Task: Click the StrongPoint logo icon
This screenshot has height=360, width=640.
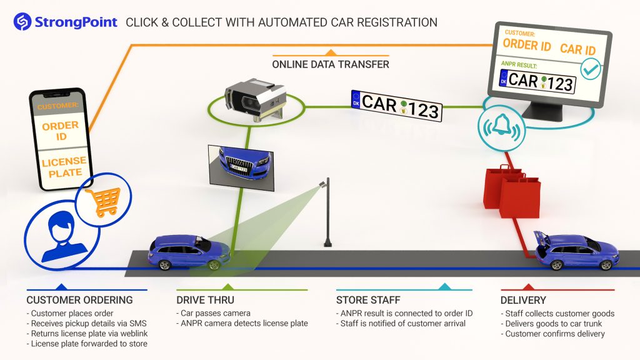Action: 22,22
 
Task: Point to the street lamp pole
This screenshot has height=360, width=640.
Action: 326,212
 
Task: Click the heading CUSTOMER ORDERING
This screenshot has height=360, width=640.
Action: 79,300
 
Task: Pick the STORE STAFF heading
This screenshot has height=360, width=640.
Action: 369,300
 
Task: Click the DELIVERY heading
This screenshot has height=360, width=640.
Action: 523,300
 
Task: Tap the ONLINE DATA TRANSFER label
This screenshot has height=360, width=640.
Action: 331,64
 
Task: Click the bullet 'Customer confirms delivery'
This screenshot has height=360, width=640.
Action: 553,334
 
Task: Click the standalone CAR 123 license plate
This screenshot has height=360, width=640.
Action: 396,104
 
